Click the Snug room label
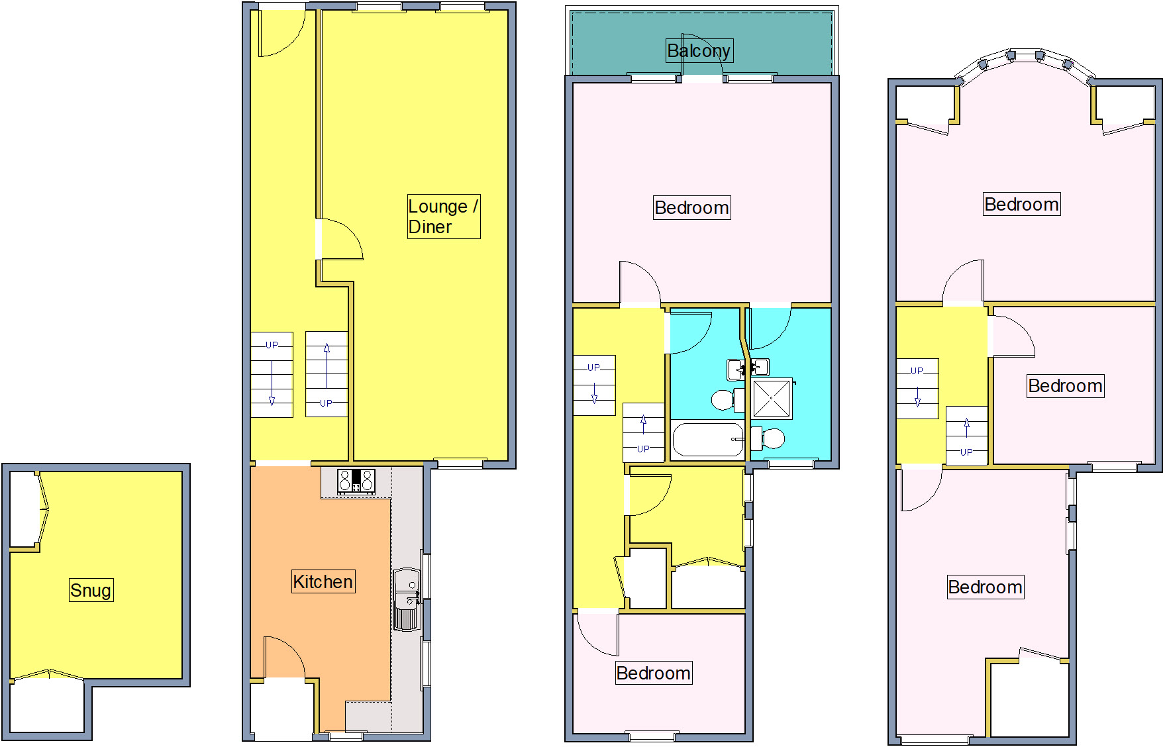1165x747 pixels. [x=91, y=590]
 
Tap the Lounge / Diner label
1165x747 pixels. [x=443, y=217]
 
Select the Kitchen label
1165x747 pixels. [x=323, y=581]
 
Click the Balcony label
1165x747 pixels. [x=699, y=51]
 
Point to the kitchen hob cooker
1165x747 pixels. [x=356, y=481]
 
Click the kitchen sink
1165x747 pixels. [x=407, y=599]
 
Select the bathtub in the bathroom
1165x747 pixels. [x=707, y=440]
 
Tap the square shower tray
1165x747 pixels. [x=772, y=399]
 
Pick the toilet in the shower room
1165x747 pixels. [x=770, y=438]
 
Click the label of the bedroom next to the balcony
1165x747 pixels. [x=691, y=208]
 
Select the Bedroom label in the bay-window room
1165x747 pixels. [x=1021, y=205]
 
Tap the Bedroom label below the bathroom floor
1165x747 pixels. [x=653, y=673]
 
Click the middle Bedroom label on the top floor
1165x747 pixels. [x=1065, y=386]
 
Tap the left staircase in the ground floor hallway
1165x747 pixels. [x=272, y=375]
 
